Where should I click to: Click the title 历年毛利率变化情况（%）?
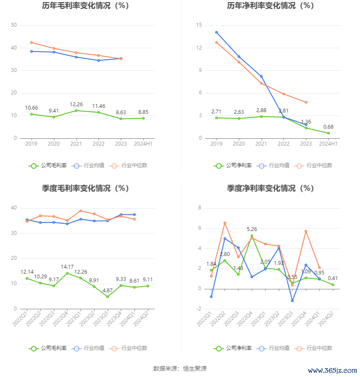pos(85,6)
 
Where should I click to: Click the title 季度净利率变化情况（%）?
pos(270,189)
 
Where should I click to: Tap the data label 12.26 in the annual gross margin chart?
pos(76,104)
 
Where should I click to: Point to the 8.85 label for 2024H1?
pos(143,112)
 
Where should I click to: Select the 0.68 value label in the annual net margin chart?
pos(328,127)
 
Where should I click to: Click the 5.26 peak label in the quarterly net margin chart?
pos(252,229)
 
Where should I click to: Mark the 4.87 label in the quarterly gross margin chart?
pos(108,291)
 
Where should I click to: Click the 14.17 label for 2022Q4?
pos(67,267)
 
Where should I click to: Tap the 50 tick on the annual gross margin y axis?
pos(14,25)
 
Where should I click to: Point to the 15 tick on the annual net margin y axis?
pos(199,25)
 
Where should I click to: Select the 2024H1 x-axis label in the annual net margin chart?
pos(328,144)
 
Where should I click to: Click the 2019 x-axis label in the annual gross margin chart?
pos(31,144)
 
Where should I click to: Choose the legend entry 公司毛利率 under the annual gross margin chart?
pos(48,165)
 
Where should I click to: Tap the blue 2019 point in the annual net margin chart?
pos(216,32)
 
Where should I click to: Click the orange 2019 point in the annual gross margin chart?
pos(31,42)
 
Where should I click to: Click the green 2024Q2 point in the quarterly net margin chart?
pos(333,285)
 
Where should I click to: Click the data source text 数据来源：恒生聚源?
pos(180,369)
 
